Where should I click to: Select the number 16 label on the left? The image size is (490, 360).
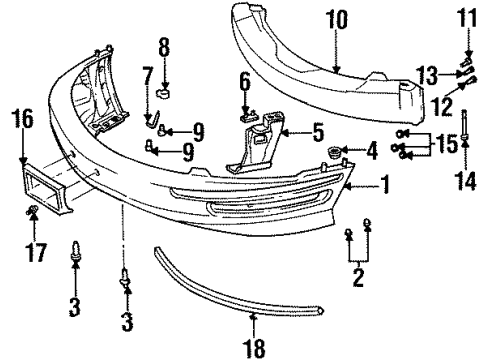tap(22, 121)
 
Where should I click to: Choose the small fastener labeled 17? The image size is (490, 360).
tap(32, 211)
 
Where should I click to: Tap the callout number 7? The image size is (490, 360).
tap(146, 77)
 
